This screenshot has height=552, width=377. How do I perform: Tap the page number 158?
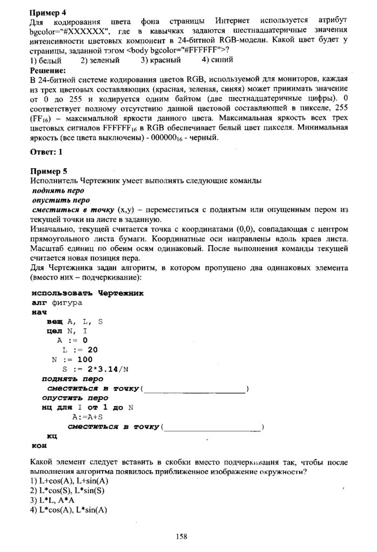[x=181, y=536]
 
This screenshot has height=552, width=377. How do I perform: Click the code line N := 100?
[x=72, y=359]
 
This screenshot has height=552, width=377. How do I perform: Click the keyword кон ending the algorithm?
[x=39, y=445]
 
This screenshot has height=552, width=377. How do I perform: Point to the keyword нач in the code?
[x=39, y=312]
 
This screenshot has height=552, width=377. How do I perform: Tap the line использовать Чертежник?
[x=87, y=293]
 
